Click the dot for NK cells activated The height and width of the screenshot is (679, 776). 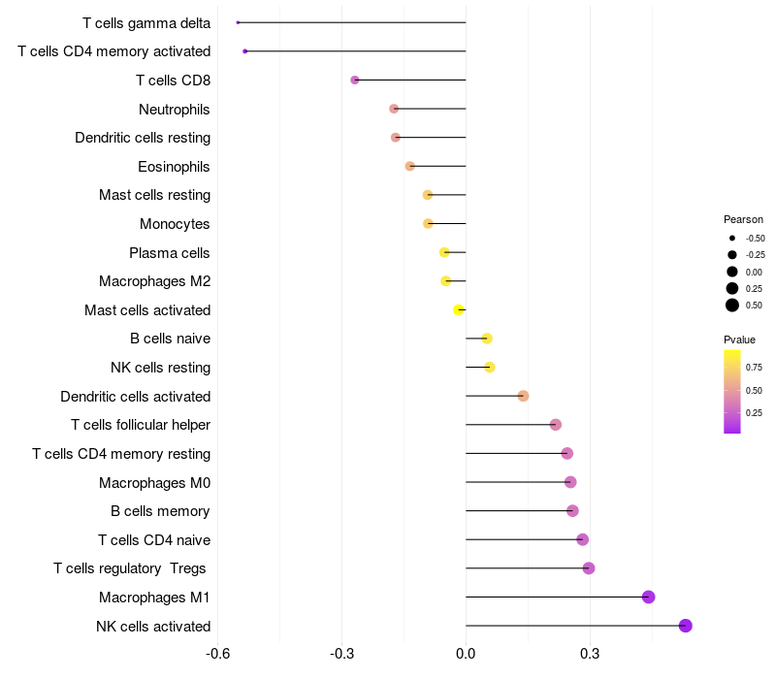pos(686,626)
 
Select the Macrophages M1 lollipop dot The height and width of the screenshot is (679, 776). pos(649,597)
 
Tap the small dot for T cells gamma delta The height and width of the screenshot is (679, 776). pos(238,22)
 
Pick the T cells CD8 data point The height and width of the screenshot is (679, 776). pos(355,80)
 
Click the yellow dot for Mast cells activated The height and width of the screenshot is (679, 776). pos(459,309)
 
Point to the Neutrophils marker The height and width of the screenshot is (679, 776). pos(394,109)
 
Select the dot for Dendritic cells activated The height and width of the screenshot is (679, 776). pos(523,396)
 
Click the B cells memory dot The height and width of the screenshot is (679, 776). pos(572,510)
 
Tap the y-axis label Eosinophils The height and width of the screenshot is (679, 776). pos(174,167)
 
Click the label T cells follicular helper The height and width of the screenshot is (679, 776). pos(141,425)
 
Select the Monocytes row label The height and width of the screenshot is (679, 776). pos(175,224)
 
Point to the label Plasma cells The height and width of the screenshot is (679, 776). pos(170,253)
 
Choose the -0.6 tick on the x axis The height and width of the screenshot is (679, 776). pos(218,654)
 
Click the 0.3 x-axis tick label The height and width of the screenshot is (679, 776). pos(589,654)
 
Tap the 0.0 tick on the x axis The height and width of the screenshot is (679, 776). pos(466,654)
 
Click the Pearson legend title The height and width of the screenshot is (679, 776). pos(743,219)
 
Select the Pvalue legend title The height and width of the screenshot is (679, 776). pos(739,339)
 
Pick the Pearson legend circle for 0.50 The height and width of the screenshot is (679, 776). pos(732,306)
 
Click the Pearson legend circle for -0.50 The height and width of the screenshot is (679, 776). pos(732,238)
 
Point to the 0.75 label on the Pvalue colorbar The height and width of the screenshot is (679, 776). pos(754,367)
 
